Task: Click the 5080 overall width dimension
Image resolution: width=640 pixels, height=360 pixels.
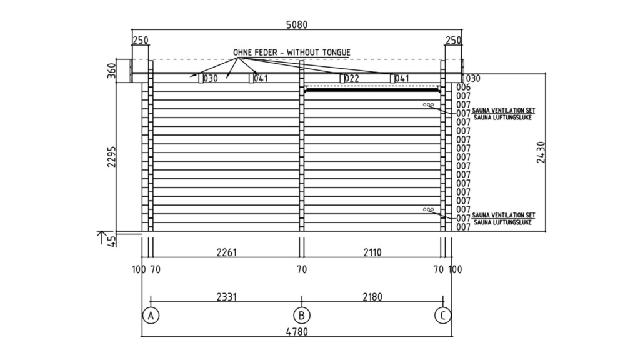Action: coord(297,24)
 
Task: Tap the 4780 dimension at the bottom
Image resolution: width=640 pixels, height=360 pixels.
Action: coord(297,332)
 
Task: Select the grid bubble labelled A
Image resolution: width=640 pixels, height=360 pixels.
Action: coord(151,315)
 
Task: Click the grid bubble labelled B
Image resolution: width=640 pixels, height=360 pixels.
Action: coord(302,315)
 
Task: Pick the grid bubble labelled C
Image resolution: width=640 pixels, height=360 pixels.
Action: coord(443,315)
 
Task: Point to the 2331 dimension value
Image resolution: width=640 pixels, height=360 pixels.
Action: coord(227,297)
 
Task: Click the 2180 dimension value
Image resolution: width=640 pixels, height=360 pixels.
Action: coord(372,297)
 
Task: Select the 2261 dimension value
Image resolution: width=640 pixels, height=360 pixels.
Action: coord(227,252)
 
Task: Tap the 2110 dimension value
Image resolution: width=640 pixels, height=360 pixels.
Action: coord(372,252)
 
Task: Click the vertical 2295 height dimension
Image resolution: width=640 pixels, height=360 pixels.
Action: coord(111,157)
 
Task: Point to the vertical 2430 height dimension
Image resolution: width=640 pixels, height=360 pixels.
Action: coord(541,152)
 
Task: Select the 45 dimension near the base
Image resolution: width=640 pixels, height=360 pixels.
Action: coord(111,241)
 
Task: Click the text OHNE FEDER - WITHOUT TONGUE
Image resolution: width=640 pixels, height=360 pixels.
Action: coord(292,52)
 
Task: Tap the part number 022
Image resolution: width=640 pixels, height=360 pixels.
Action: coord(352,78)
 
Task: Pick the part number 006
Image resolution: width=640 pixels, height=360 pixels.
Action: coord(463,87)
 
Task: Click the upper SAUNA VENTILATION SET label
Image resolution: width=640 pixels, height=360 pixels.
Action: coord(504,110)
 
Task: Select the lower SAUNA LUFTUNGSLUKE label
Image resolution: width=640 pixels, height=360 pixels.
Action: coord(503,222)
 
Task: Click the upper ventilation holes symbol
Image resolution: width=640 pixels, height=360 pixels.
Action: coord(428,105)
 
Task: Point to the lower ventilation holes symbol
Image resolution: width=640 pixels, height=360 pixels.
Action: coord(428,209)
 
